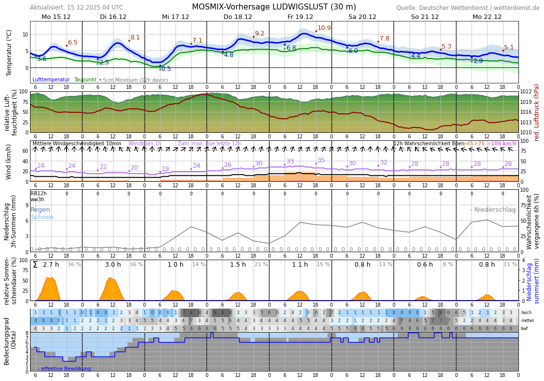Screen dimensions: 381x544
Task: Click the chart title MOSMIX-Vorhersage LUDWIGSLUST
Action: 274,7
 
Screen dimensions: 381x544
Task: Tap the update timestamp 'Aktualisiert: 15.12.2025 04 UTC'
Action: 76,7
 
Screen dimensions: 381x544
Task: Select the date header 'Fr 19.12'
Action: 300,17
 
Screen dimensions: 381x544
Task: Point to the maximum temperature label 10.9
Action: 324,28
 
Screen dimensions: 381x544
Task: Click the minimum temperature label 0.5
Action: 166,69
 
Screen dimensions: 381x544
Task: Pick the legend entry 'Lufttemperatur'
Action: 51,80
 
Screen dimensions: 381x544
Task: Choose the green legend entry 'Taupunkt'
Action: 85,80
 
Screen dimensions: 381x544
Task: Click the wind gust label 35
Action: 321,160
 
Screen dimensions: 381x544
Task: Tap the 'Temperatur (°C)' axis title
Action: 9,52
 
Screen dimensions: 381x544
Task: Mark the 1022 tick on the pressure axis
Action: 526,92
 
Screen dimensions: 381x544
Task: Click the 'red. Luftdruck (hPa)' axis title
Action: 537,112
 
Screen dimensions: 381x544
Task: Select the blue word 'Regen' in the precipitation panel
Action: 40,210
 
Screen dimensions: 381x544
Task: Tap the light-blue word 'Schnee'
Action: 42,217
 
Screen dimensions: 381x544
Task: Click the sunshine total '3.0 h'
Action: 113,265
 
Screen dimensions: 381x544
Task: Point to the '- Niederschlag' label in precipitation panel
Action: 492,210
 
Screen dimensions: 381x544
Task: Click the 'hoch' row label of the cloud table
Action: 526,313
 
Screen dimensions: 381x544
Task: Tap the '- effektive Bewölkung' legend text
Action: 64,369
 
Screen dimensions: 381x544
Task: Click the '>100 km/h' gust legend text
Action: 501,144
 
